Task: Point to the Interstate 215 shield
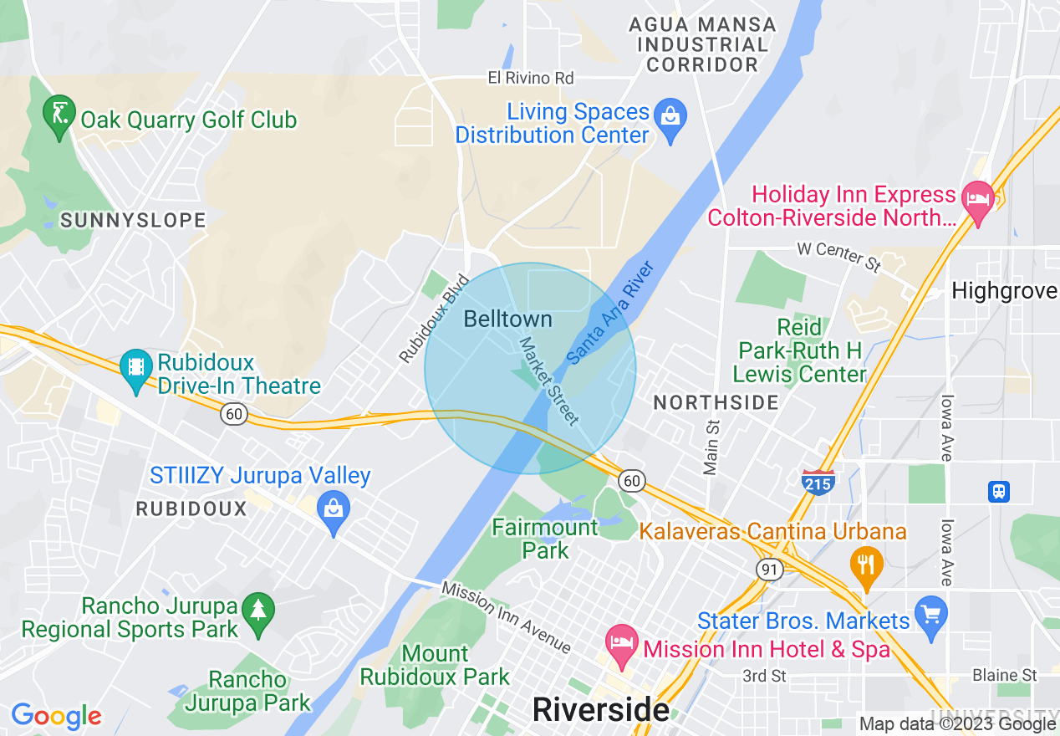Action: (x=818, y=483)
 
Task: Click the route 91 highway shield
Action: (x=769, y=569)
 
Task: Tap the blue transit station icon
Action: (x=999, y=491)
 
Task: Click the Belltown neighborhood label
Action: (x=507, y=319)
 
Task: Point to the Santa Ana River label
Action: (x=609, y=313)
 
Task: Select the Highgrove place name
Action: (x=1004, y=291)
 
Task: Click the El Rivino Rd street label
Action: (x=531, y=78)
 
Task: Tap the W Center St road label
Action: (x=838, y=255)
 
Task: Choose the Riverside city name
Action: (x=600, y=710)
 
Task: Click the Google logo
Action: (x=56, y=716)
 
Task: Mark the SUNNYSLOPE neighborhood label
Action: (x=133, y=220)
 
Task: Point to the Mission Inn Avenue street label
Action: (x=507, y=617)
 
